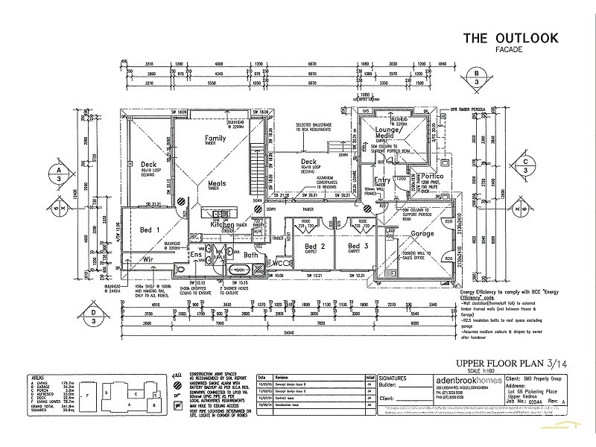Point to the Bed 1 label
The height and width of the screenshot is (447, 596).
coord(150,230)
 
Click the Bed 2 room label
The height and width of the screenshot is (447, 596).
coord(317,245)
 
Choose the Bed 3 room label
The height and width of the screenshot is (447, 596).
coord(359,245)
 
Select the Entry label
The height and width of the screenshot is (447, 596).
coord(382,180)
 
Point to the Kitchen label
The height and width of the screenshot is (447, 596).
coord(226,224)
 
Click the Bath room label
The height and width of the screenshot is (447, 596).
coord(250,255)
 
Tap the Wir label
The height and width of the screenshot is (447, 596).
coord(148,260)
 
